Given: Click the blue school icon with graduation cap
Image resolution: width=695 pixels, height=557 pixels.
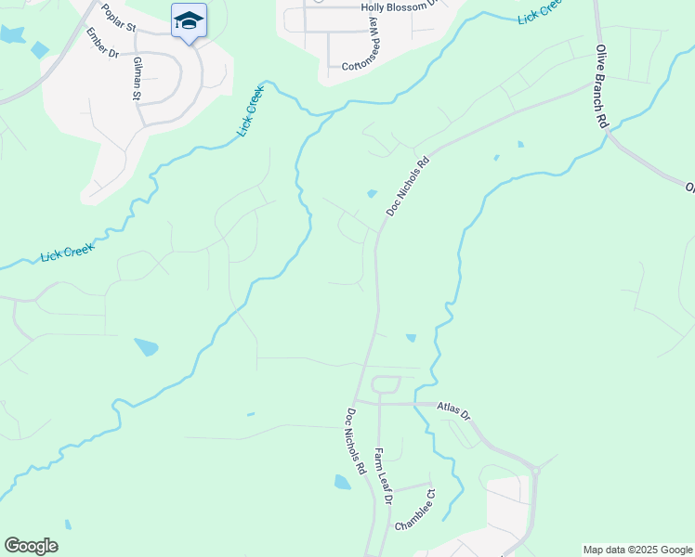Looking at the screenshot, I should [x=189, y=21].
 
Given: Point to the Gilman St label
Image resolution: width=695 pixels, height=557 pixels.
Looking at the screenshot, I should [x=137, y=77].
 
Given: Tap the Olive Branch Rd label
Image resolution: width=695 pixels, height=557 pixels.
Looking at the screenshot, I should [x=601, y=85].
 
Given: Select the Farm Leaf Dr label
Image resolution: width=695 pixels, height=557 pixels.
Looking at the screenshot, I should [x=384, y=476].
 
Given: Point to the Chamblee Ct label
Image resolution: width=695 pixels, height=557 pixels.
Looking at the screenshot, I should [x=414, y=511].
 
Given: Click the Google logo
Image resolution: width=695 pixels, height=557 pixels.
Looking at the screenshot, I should [x=31, y=546].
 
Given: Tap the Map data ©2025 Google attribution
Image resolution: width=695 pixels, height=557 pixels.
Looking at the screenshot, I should [x=636, y=550].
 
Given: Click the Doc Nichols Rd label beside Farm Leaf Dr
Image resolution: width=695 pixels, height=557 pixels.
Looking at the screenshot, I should [x=357, y=443].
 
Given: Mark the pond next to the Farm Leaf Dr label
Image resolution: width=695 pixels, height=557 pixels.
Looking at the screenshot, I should [x=343, y=482].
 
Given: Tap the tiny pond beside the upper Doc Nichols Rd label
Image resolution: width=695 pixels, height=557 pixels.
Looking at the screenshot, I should [x=372, y=194].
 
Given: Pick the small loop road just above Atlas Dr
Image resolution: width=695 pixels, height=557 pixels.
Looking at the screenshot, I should [x=386, y=384].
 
